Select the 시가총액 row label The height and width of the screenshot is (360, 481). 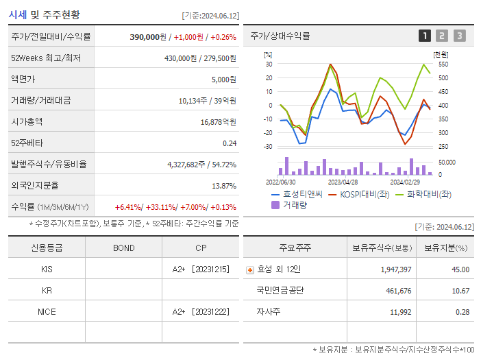(27, 121)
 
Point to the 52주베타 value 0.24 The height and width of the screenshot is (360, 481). (229, 143)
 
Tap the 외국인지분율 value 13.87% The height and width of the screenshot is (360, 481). (223, 185)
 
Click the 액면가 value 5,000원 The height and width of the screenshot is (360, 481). (223, 80)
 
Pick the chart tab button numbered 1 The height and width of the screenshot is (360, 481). (425, 36)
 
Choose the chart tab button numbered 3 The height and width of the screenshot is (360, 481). (459, 36)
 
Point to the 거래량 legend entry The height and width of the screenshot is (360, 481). (291, 204)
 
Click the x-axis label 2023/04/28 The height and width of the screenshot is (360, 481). (343, 182)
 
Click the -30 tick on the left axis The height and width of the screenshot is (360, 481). (269, 146)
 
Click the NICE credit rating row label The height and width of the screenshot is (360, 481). (46, 311)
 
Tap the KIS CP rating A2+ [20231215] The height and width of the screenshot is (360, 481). (200, 269)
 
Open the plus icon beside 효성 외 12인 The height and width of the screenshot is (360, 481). (250, 269)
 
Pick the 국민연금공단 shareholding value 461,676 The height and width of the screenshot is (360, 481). (396, 291)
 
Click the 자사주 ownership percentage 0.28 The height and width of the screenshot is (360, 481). (462, 312)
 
